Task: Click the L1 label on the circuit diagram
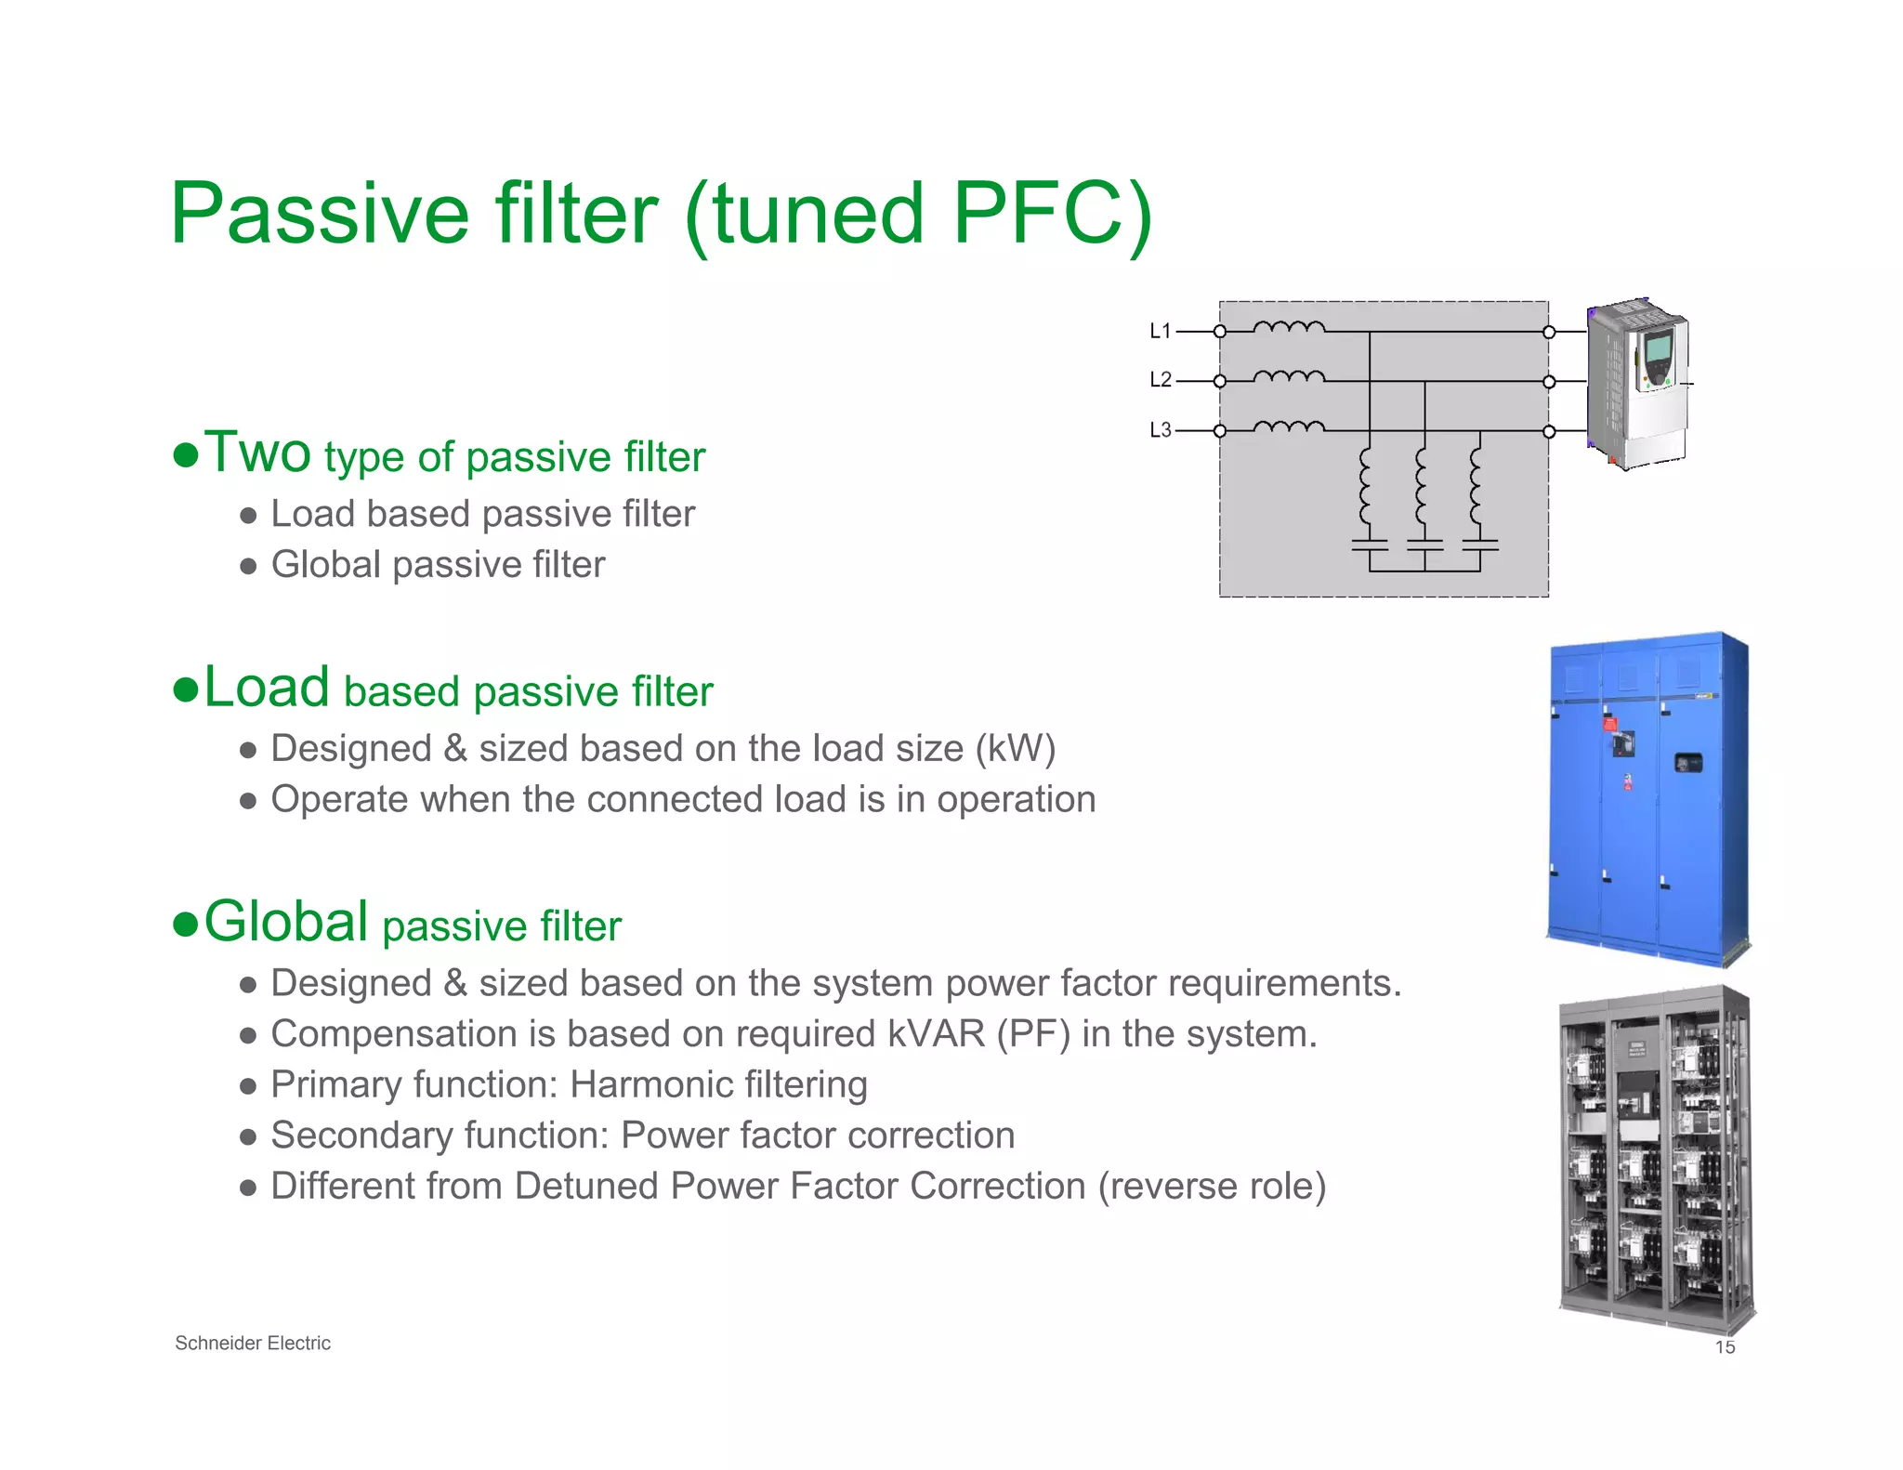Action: [1160, 331]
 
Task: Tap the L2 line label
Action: [1160, 380]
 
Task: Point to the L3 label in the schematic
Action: [1160, 430]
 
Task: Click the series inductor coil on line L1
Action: [1289, 327]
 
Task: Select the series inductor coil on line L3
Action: [1289, 427]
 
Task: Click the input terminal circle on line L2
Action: [1220, 381]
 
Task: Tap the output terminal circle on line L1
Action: [1549, 332]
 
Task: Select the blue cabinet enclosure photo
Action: [1647, 799]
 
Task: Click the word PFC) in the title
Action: [1053, 214]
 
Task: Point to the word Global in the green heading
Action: [286, 922]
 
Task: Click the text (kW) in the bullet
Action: [1015, 749]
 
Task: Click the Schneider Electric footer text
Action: [253, 1343]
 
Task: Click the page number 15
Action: [1725, 1347]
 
